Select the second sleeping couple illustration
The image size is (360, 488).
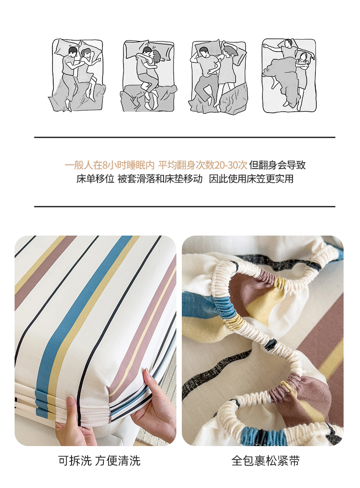point(149,76)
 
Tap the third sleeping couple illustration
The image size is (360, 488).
point(218,76)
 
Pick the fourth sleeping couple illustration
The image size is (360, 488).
point(289,75)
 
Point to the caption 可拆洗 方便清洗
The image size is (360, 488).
point(99,461)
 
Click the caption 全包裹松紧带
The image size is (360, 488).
point(265,461)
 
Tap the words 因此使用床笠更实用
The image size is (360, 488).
point(251,179)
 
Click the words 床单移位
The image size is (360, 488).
point(96,179)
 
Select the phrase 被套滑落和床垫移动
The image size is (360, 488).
point(160,179)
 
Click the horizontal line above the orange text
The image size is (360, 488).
point(185,137)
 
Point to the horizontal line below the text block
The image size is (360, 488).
point(185,206)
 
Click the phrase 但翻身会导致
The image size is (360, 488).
point(277,165)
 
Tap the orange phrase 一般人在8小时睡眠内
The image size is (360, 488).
point(109,165)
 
